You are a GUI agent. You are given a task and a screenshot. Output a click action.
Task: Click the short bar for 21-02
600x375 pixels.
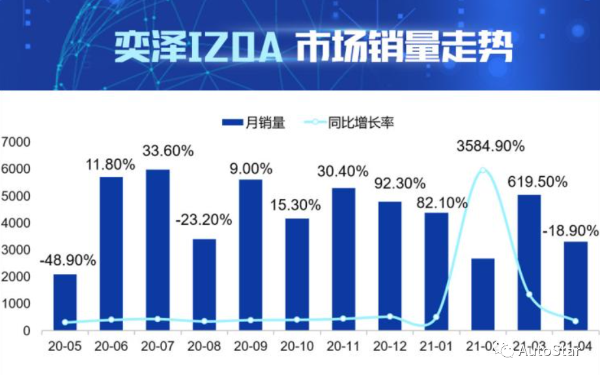483,294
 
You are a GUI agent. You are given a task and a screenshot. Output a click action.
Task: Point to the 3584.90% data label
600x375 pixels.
491,146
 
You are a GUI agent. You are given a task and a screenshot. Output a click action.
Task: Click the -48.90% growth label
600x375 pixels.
68,260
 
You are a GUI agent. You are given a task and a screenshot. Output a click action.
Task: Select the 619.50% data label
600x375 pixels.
537,182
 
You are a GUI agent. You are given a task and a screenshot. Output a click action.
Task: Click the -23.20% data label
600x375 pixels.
204,220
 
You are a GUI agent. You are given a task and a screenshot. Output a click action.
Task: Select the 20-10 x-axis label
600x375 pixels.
296,346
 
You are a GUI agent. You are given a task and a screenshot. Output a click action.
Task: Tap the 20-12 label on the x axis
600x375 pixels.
390,346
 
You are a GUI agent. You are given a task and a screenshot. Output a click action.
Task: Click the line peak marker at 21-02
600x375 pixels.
483,170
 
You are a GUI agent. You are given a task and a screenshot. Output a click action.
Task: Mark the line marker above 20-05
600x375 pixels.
65,322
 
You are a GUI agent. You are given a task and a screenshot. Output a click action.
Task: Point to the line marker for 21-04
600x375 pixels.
575,321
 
